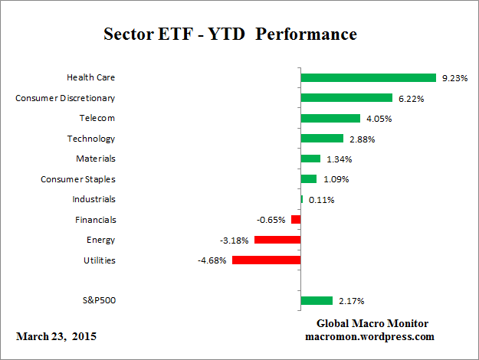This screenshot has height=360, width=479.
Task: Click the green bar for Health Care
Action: [368, 77]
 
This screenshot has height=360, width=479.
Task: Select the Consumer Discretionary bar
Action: [346, 98]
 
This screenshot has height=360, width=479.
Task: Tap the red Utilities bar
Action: [266, 260]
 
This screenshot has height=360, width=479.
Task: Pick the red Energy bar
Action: [277, 240]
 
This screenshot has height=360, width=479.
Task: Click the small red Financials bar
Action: [296, 220]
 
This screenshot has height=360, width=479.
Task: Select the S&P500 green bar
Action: [317, 301]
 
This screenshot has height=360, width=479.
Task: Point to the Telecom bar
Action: [330, 118]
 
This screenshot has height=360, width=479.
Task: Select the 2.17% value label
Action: [349, 301]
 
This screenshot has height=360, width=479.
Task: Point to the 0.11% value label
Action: [320, 200]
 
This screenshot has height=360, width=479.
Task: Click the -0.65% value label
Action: [272, 220]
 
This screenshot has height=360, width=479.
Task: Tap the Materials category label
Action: [97, 159]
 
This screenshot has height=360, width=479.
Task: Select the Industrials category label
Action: [94, 199]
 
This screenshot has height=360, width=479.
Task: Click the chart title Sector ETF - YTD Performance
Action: [230, 35]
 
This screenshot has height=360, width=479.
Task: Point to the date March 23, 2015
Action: [56, 336]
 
